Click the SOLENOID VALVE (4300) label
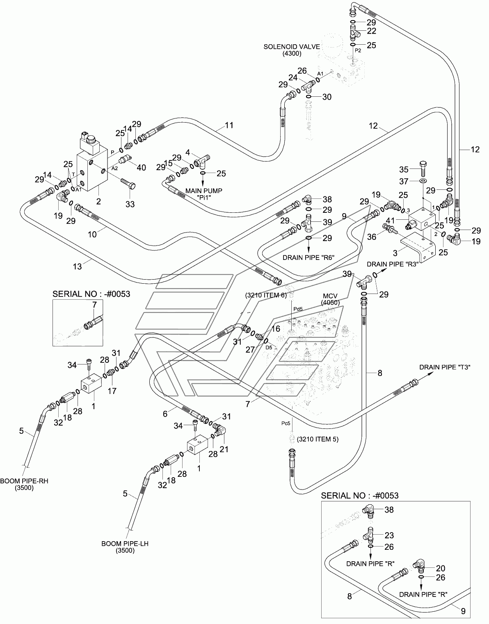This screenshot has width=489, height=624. [292, 50]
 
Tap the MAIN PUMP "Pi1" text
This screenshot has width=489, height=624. [204, 194]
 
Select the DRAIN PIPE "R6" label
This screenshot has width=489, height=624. [308, 257]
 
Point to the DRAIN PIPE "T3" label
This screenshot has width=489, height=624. [445, 367]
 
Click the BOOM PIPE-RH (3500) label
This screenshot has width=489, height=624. [24, 484]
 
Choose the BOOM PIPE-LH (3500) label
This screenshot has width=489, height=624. [125, 547]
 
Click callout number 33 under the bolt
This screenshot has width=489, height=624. [130, 204]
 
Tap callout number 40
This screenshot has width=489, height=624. [141, 167]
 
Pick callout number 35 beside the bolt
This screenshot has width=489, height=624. [404, 169]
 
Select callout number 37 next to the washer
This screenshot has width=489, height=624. [404, 181]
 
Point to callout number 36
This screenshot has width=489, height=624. [372, 237]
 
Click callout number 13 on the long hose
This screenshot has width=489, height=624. [77, 266]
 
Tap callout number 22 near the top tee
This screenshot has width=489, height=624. [372, 31]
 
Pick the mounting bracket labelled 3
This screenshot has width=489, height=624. [418, 247]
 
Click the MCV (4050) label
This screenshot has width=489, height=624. [330, 299]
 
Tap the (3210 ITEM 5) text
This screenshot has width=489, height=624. [318, 439]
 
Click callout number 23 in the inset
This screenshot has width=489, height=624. [389, 535]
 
